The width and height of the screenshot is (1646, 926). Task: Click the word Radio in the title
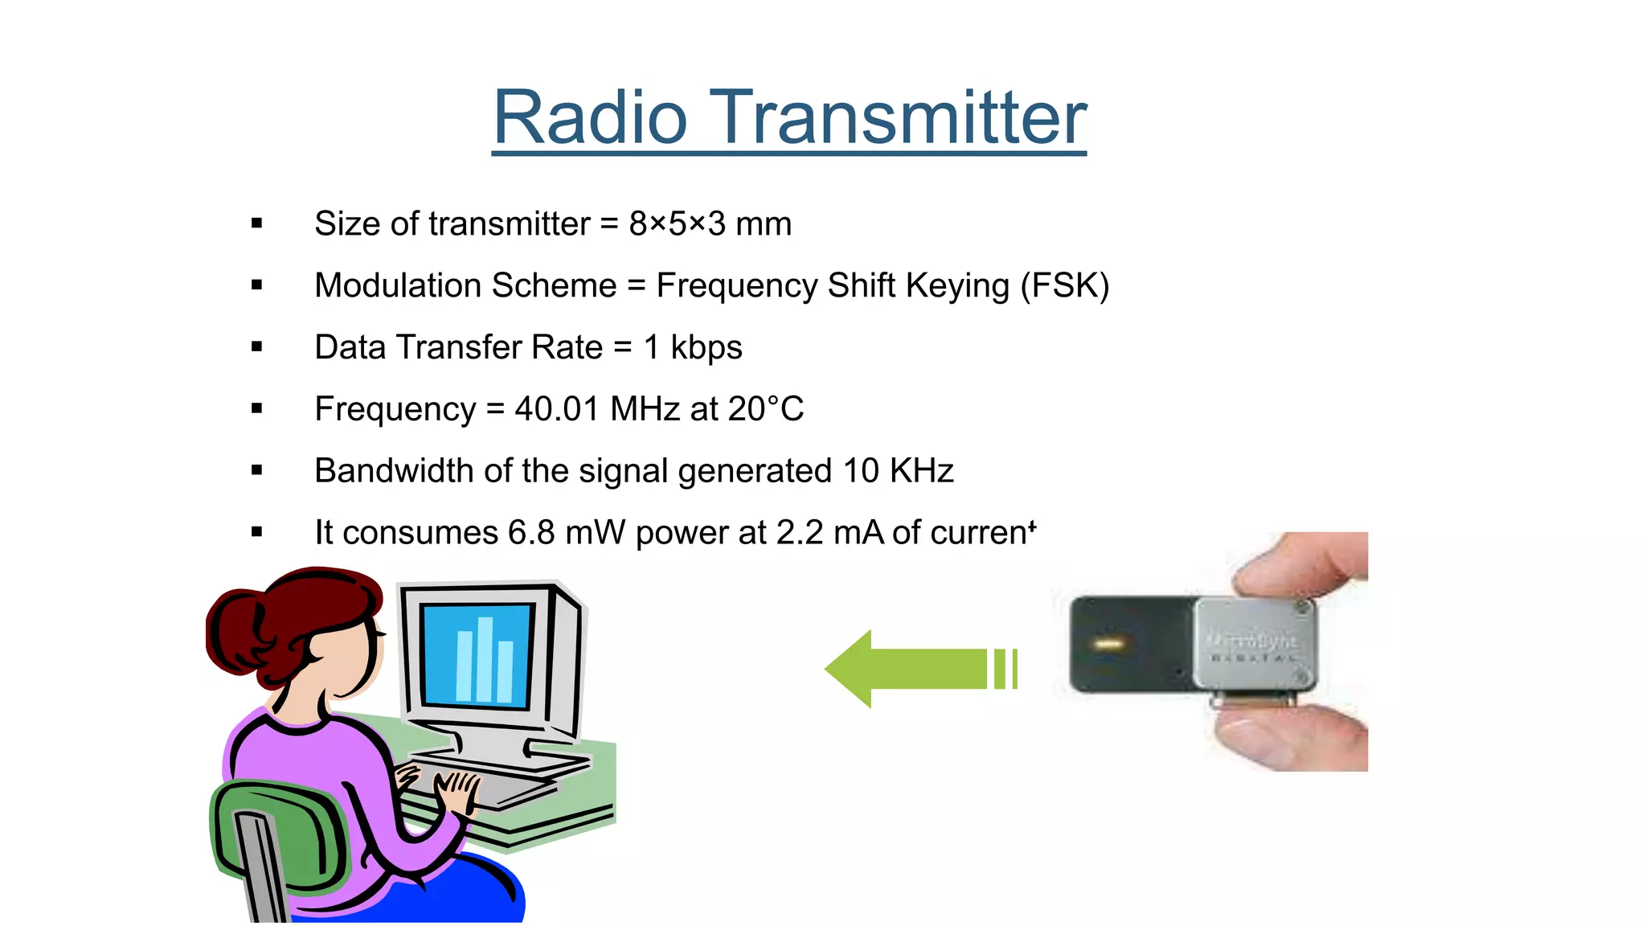pyautogui.click(x=591, y=118)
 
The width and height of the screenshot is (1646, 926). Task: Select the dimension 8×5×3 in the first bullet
pyautogui.click(x=677, y=223)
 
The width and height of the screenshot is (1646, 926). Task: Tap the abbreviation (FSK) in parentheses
pyautogui.click(x=1064, y=285)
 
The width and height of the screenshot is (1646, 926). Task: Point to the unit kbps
pyautogui.click(x=706, y=348)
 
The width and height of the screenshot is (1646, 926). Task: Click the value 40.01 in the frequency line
pyautogui.click(x=557, y=409)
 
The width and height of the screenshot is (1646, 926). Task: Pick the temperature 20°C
pyautogui.click(x=765, y=409)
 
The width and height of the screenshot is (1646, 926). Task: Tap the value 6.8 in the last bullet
pyautogui.click(x=531, y=533)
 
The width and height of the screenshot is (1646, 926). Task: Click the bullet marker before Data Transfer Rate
pyautogui.click(x=257, y=347)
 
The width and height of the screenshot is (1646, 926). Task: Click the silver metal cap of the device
pyautogui.click(x=1254, y=643)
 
